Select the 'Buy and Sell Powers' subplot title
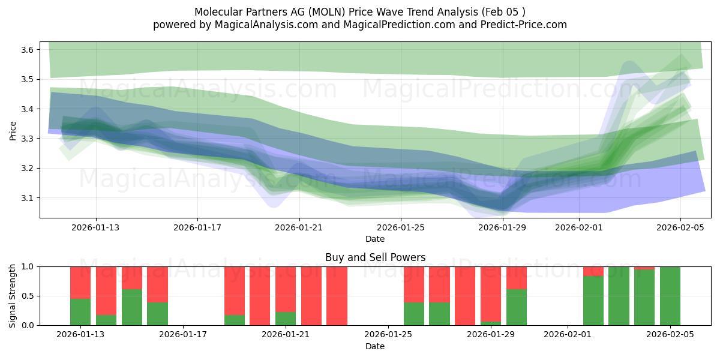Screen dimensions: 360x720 pyautogui.click(x=375, y=257)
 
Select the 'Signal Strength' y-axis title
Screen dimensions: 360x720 pyautogui.click(x=13, y=296)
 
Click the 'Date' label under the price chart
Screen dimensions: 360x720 pyautogui.click(x=375, y=239)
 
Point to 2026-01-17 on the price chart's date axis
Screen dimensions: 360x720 pyautogui.click(x=198, y=227)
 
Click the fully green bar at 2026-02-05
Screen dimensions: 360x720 pyautogui.click(x=670, y=296)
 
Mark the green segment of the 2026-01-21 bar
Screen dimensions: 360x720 pyautogui.click(x=286, y=319)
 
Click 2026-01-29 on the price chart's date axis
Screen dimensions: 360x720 pyautogui.click(x=503, y=227)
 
